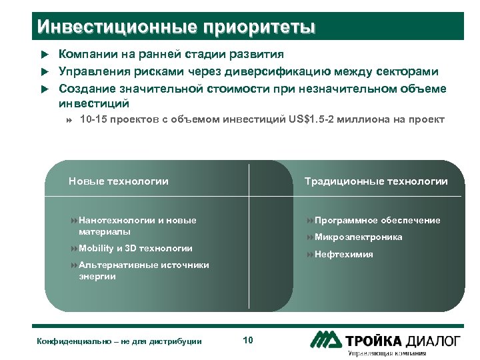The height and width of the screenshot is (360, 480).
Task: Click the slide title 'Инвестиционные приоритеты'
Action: tap(176, 27)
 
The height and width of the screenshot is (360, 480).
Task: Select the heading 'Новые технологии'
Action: tap(118, 181)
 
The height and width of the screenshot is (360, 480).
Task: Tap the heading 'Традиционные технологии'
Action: tap(376, 181)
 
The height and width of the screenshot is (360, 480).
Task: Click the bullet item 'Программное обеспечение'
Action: tap(377, 221)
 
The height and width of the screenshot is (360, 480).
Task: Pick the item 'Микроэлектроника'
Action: tap(358, 237)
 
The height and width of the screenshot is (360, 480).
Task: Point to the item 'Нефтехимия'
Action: tap(343, 255)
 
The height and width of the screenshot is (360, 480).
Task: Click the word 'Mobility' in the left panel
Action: tap(96, 249)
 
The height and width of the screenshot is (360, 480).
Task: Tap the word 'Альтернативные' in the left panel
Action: tap(117, 265)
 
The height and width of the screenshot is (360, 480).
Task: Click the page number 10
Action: tap(248, 341)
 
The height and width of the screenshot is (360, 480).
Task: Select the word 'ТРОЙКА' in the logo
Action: tap(373, 341)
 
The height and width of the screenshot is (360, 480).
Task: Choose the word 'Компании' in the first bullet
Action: tap(85, 55)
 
